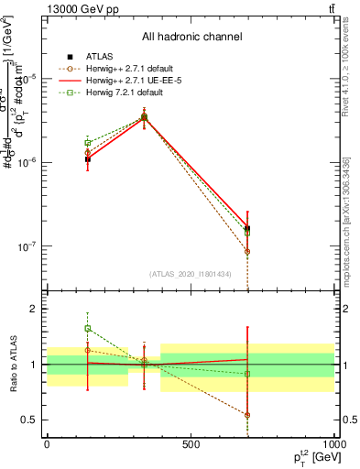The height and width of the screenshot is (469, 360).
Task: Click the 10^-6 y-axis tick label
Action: pyautogui.click(x=28, y=162)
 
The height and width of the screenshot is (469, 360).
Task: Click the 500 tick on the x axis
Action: pyautogui.click(x=191, y=444)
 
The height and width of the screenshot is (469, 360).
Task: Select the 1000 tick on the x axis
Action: pyautogui.click(x=333, y=444)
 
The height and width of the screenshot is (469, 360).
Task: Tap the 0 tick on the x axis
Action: pyautogui.click(x=47, y=444)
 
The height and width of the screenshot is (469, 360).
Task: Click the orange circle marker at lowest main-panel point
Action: pyautogui.click(x=247, y=251)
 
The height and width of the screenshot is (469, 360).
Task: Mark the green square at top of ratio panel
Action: pyautogui.click(x=88, y=328)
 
